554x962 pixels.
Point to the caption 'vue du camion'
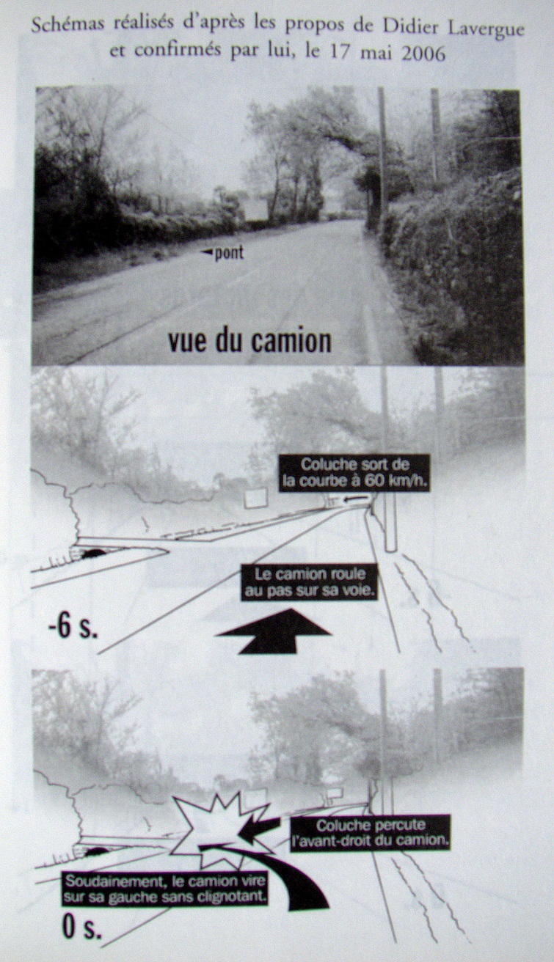(249, 342)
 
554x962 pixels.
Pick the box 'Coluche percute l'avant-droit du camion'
(369, 831)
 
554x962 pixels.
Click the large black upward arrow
(273, 631)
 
